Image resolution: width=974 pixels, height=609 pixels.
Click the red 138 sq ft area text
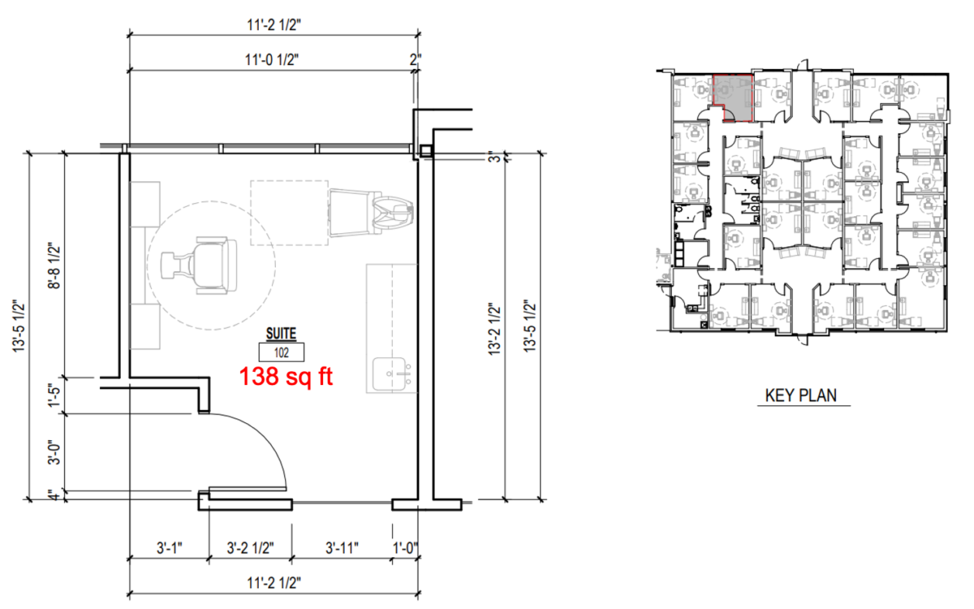286,377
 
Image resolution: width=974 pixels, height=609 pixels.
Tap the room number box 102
282,352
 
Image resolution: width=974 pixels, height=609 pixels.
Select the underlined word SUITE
282,334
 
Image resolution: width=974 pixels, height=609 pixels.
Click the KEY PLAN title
800,395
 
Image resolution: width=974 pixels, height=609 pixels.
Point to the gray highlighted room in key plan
733,97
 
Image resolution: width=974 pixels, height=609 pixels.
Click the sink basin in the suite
390,374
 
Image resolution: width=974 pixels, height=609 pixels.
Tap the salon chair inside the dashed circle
200,266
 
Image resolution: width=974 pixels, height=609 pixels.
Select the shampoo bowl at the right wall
394,213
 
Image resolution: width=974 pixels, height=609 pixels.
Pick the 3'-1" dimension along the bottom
169,548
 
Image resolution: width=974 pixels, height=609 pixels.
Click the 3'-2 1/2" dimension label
251,548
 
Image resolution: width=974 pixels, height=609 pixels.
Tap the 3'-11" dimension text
342,548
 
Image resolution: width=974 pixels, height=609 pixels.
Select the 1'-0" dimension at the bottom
405,548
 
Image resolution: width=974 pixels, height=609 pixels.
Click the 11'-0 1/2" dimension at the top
272,59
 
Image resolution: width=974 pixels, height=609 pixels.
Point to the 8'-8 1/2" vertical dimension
54,266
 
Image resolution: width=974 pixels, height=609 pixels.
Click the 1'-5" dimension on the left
54,395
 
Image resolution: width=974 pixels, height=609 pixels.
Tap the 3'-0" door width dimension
54,453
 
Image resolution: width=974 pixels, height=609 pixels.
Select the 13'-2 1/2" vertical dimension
495,330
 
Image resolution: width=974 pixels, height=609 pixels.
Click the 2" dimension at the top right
416,59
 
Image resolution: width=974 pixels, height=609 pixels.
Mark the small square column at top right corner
426,151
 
